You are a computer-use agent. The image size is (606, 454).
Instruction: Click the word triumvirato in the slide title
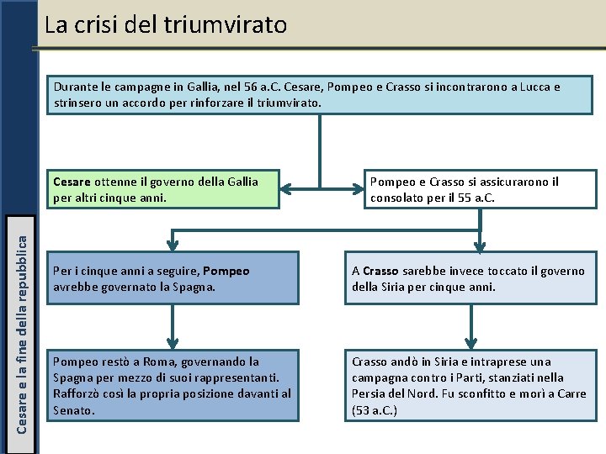tap(238, 24)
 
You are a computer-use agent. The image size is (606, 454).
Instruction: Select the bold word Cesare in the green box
tap(72, 182)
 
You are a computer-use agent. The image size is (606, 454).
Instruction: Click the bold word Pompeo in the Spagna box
tap(226, 272)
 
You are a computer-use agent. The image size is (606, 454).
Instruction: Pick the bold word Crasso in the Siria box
tap(381, 272)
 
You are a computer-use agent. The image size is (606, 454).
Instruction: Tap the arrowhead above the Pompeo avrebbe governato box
tap(173, 245)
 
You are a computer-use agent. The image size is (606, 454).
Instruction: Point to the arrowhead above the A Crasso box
tap(480, 245)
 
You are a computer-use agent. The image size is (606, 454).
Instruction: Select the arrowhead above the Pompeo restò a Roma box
tap(173, 342)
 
